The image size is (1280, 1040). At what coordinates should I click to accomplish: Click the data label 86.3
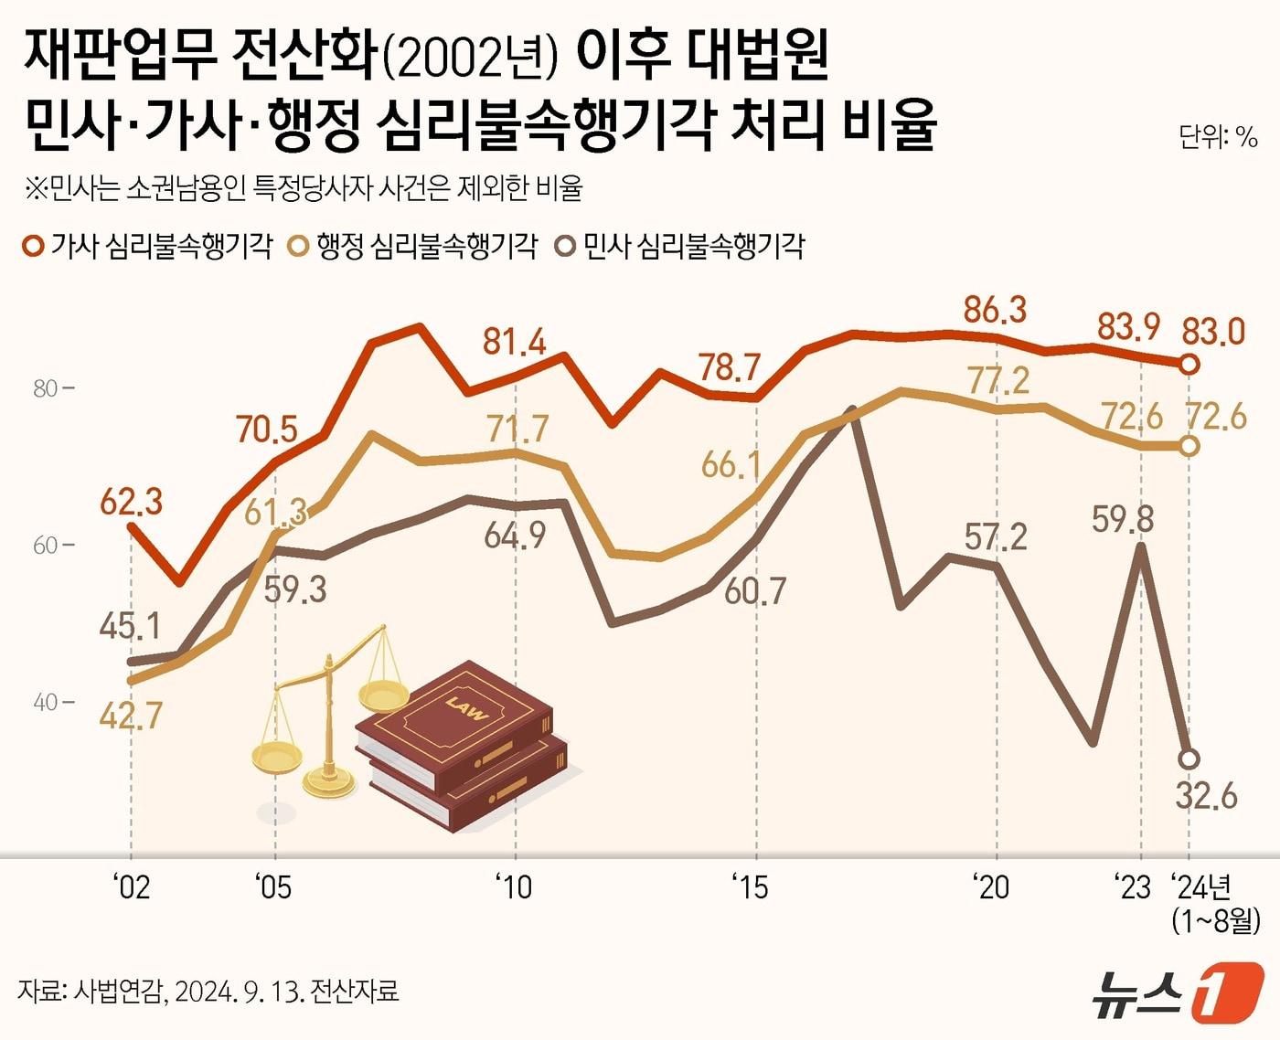[x=995, y=311]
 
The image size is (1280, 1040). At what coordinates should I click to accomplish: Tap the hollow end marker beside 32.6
[x=1189, y=759]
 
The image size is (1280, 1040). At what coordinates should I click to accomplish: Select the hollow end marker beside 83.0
[x=1189, y=365]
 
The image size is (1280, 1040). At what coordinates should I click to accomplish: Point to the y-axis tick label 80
[x=45, y=389]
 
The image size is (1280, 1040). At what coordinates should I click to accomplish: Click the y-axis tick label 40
[x=45, y=703]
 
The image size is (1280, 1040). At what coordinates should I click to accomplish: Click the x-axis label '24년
[x=1202, y=886]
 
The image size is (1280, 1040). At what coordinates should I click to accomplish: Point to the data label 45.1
[x=131, y=627]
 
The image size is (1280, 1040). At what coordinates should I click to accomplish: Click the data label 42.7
[x=129, y=715]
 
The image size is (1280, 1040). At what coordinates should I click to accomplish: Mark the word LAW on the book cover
[x=466, y=708]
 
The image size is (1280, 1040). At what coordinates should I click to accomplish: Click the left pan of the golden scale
[x=276, y=757]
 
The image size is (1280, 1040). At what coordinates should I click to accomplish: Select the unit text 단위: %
[x=1218, y=137]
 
